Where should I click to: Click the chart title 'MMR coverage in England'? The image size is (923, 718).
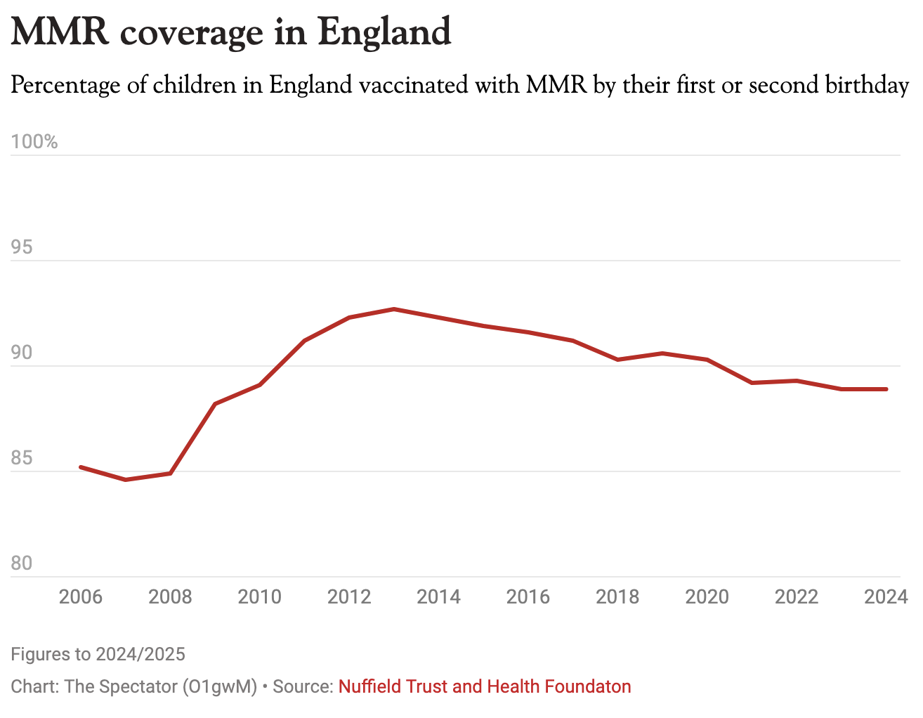tap(231, 32)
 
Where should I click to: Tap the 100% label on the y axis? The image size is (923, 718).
tap(34, 142)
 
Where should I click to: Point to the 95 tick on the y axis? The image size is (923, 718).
tap(22, 247)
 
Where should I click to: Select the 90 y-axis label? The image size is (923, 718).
tap(22, 353)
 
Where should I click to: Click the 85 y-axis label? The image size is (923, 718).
tap(22, 458)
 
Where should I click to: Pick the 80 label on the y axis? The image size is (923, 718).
tap(22, 563)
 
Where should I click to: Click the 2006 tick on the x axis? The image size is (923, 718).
tap(81, 597)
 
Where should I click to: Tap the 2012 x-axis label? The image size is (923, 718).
tap(349, 597)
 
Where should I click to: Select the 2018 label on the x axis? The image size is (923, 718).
tap(617, 597)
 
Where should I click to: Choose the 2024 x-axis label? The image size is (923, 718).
tap(886, 597)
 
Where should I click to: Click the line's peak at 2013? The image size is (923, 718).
tap(394, 309)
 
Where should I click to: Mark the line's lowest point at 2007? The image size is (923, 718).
tap(126, 480)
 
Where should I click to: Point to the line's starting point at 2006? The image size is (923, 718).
tap(81, 467)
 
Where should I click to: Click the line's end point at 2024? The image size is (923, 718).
tap(886, 389)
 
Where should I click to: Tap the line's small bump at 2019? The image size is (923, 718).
tap(662, 353)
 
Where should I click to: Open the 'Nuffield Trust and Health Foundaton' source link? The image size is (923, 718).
tap(485, 686)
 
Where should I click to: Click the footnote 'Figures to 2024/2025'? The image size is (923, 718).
tap(98, 655)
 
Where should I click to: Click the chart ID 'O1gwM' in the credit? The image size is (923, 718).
tap(220, 686)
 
